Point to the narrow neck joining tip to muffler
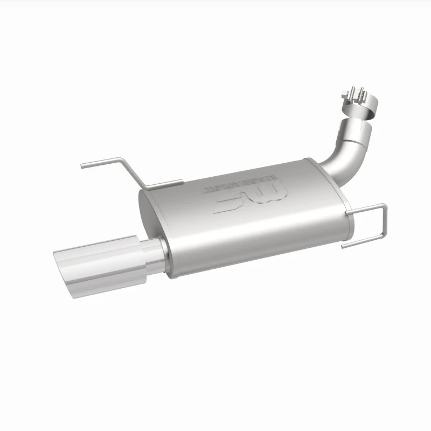158,254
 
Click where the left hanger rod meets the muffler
178,183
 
